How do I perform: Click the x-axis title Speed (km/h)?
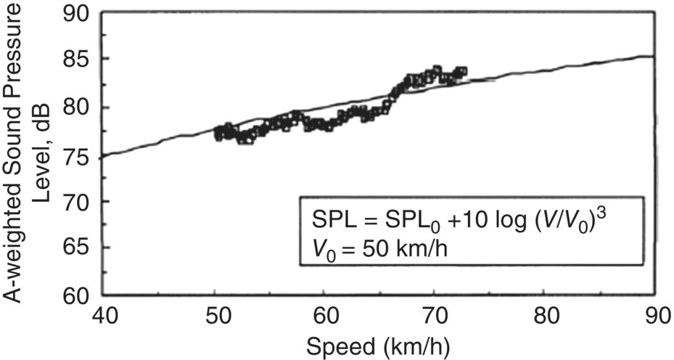click(x=379, y=346)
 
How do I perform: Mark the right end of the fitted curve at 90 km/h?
click(x=654, y=57)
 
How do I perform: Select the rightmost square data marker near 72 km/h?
click(x=462, y=71)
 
